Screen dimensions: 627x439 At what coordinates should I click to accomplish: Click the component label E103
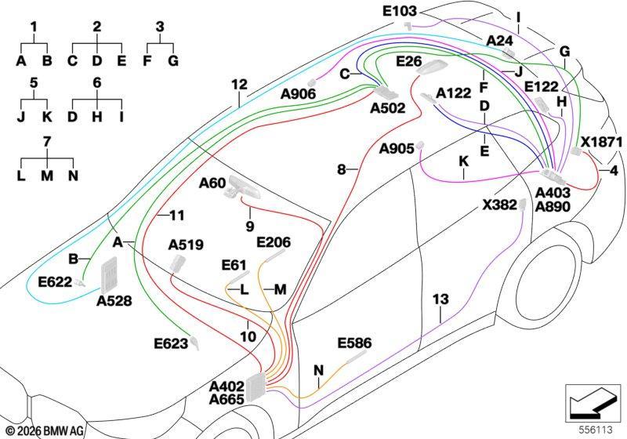(x=400, y=11)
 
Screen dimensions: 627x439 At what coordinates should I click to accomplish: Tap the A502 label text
(x=387, y=108)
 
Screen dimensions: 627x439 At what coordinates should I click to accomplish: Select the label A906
(x=299, y=94)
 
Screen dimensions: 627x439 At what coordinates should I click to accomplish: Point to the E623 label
(x=171, y=343)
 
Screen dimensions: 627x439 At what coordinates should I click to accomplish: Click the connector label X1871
(x=601, y=142)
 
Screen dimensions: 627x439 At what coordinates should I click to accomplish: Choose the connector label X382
(x=499, y=205)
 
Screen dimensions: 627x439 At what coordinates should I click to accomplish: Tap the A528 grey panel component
(x=109, y=275)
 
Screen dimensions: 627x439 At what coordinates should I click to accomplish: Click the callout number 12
(x=239, y=85)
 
